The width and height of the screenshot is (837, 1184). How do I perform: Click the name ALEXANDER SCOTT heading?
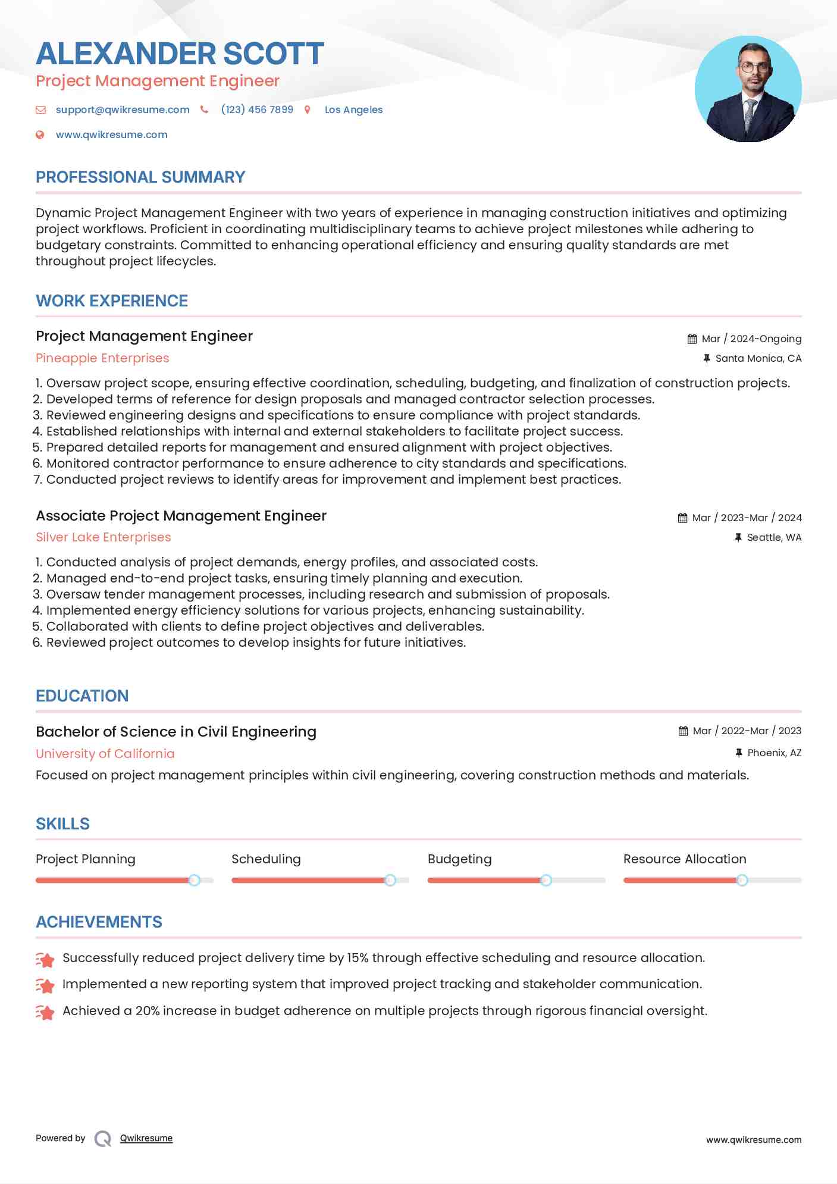[x=180, y=54]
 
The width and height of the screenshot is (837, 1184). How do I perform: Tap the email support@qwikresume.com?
[x=123, y=109]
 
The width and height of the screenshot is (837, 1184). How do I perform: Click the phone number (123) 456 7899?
[x=257, y=109]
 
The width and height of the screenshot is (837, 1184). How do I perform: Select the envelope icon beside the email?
[x=40, y=109]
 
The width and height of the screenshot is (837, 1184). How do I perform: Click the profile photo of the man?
[x=748, y=89]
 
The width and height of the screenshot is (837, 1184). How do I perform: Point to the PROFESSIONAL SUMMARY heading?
[x=140, y=177]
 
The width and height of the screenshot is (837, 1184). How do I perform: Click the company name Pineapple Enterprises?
[x=102, y=358]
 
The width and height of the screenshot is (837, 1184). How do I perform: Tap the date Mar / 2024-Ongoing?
[x=751, y=339]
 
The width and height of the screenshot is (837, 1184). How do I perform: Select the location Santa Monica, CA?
[x=758, y=358]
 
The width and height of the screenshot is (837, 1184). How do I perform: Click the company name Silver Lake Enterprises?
[x=103, y=537]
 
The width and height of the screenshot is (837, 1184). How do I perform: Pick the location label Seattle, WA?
[x=774, y=537]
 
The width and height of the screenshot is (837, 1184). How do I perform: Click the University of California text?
[x=105, y=754]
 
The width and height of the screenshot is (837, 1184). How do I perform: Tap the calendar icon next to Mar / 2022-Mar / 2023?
[x=683, y=731]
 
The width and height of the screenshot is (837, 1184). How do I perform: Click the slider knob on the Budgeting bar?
[x=546, y=880]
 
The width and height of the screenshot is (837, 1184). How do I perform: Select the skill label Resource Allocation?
[x=684, y=859]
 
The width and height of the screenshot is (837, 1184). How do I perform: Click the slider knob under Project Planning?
[x=194, y=880]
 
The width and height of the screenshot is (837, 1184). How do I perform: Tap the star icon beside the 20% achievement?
[x=45, y=1012]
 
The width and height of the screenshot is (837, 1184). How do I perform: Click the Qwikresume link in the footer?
[x=146, y=1138]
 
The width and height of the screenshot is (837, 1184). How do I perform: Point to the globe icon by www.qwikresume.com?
[x=40, y=134]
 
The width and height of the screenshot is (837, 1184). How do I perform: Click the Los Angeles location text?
[x=353, y=109]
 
